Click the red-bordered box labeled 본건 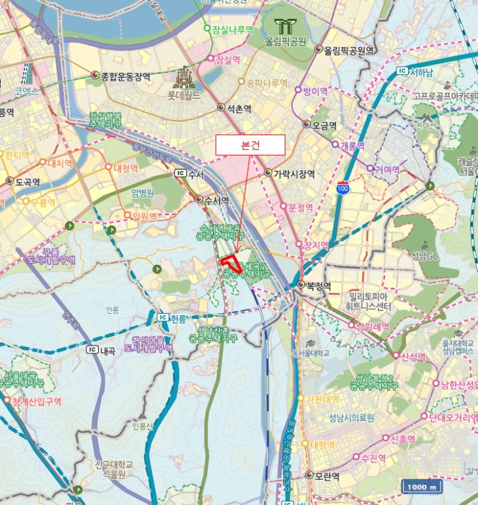pos(251,145)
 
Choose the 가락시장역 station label pos(292,173)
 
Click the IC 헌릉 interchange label pos(170,317)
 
